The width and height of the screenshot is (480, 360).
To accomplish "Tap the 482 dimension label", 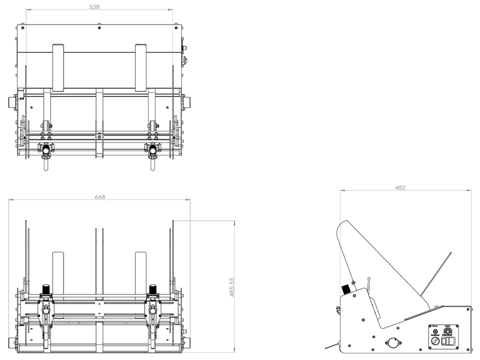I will (x=400, y=188).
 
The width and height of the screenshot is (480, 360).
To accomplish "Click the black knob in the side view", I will (x=346, y=289).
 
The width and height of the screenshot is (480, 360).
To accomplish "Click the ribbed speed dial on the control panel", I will (x=447, y=329).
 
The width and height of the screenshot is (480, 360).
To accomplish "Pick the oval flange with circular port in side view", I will (x=393, y=343).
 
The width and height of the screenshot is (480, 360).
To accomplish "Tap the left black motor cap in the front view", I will (x=46, y=289).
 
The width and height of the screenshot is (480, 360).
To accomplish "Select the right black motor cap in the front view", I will (x=152, y=289).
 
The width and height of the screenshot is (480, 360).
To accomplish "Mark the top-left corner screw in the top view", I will (x=23, y=27).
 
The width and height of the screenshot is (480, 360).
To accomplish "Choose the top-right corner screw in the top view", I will (x=176, y=27).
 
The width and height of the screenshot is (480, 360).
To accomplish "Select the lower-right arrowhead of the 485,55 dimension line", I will (x=235, y=350).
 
